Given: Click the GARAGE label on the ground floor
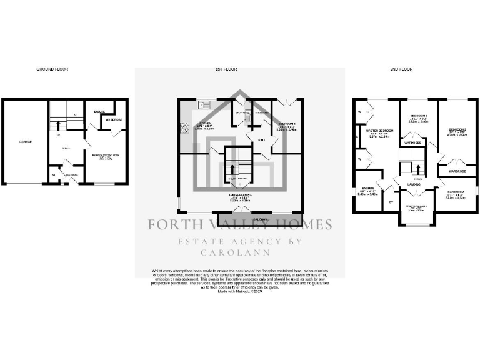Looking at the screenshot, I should coord(25,142).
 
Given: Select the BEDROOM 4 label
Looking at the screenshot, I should coord(287,124).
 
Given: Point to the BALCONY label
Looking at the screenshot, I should coord(261,219).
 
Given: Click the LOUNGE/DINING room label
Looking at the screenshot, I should coord(239,196).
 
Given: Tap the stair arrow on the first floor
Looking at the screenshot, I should coord(232,169).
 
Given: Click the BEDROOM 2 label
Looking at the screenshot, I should coord(459,129).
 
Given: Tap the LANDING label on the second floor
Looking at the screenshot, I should coord(414,185).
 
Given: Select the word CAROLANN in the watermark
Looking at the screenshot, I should coord(240,253).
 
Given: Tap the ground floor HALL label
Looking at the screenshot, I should coord(66,148).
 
